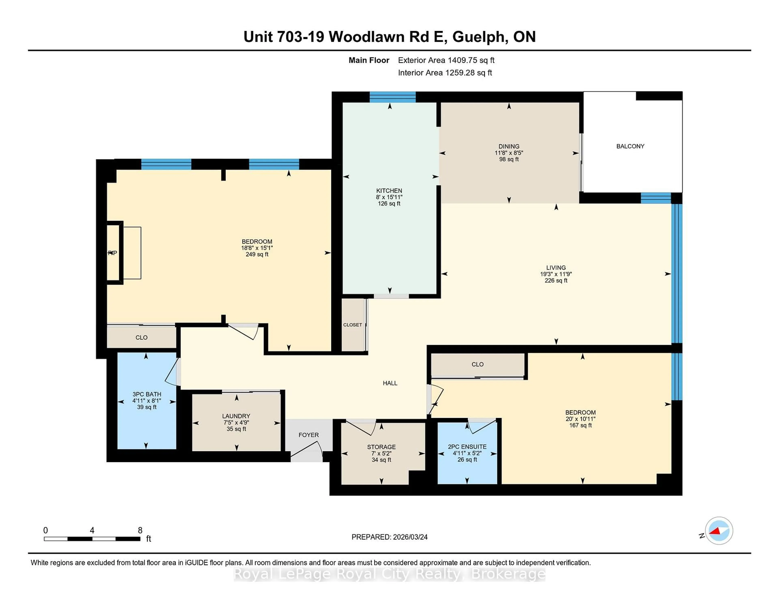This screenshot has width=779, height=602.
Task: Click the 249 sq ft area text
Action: click(x=257, y=254)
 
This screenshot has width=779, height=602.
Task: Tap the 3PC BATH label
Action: click(x=147, y=394)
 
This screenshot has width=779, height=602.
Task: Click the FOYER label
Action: click(x=309, y=435)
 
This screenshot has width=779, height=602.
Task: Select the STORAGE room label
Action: click(x=381, y=447)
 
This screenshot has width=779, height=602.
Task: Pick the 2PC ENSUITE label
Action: click(x=467, y=446)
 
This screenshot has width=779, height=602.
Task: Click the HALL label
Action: click(x=390, y=383)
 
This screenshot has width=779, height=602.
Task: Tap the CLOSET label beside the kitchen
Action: click(x=352, y=325)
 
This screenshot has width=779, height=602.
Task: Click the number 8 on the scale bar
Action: click(x=140, y=530)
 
